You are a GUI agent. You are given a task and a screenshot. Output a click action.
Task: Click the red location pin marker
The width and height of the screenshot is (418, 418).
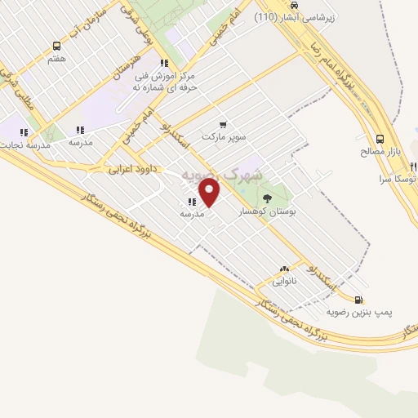coord(210,193)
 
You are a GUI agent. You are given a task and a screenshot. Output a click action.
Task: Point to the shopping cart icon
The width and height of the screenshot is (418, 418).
coord(223,124)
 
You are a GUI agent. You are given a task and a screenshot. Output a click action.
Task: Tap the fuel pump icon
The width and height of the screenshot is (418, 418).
coord(360,299)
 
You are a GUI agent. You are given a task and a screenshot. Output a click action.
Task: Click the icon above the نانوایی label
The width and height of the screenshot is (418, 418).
coord(284,268)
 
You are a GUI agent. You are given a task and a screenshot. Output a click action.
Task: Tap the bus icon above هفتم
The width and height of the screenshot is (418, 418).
coord(56,47)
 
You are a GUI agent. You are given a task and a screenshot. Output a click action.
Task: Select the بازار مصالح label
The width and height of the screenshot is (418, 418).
coord(380,152)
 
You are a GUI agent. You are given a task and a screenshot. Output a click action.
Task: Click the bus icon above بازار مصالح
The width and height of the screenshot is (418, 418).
coord(380,140)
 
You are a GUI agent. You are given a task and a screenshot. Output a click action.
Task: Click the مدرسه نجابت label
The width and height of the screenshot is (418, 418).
coord(24,145)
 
